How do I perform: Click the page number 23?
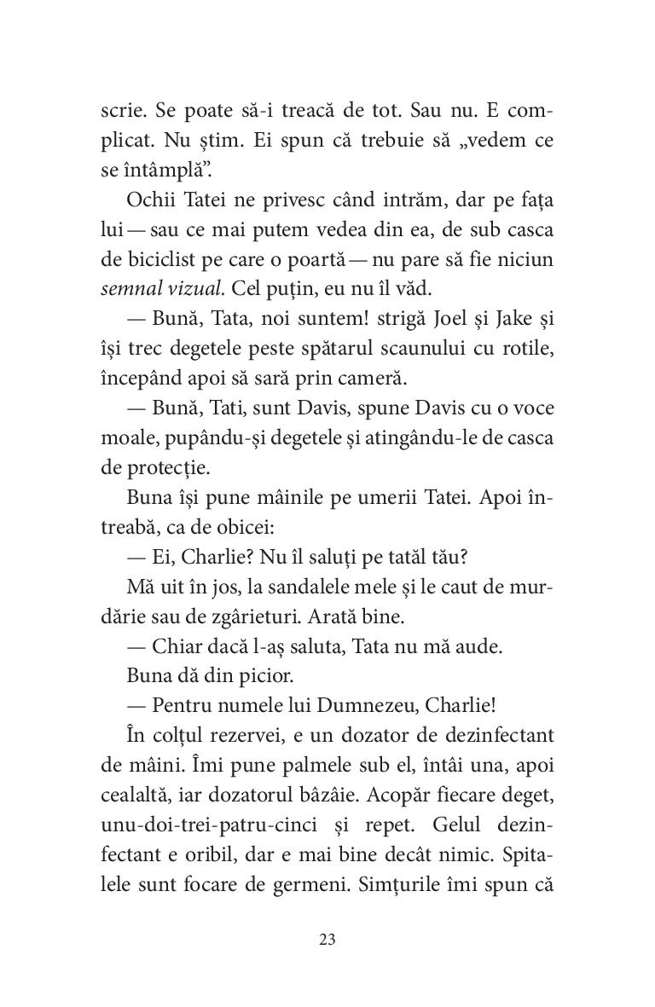coord(327,940)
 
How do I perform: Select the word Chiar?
coord(172,645)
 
